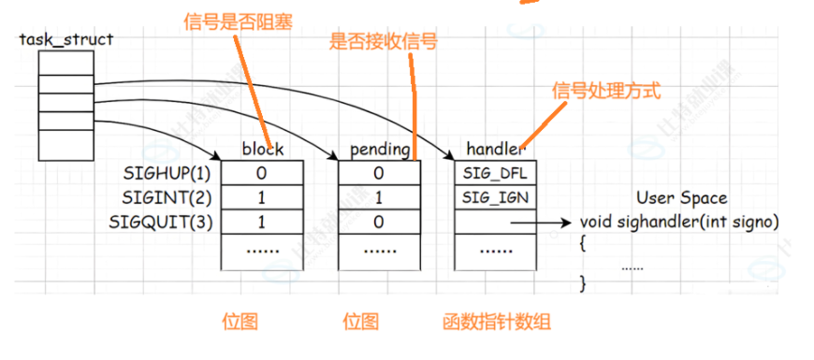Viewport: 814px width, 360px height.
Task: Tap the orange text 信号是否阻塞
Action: point(234,21)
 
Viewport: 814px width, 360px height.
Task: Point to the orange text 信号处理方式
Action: point(606,91)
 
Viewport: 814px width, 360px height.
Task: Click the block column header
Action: point(262,149)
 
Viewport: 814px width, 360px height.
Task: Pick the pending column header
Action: point(379,149)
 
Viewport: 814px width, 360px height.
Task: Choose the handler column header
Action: point(497,149)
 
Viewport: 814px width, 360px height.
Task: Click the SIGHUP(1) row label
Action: point(168,174)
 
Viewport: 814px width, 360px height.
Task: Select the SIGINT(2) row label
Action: point(168,198)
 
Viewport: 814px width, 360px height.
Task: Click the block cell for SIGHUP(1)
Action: point(262,174)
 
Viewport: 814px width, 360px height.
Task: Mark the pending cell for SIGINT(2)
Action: point(379,198)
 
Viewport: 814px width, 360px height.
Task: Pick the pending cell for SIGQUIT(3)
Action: point(379,223)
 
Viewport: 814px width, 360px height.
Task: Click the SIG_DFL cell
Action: point(497,174)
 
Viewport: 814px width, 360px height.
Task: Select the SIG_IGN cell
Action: point(497,198)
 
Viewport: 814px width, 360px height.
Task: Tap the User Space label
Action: point(681,198)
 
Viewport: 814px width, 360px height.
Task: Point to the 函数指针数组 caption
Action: point(497,322)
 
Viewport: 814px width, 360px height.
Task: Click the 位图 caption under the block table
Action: point(240,322)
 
